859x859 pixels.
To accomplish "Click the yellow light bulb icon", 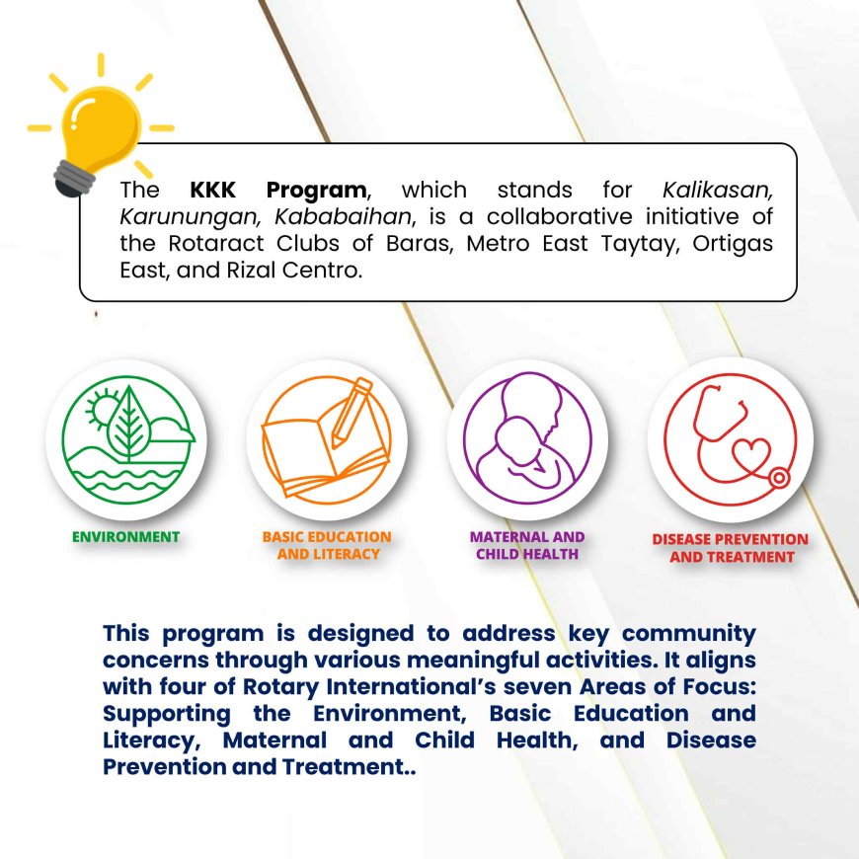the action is pyautogui.click(x=101, y=125).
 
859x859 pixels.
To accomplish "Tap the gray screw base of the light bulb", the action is pyautogui.click(x=74, y=179).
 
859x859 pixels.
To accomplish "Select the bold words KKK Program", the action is pyautogui.click(x=278, y=191).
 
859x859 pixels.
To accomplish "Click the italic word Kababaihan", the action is pyautogui.click(x=343, y=217).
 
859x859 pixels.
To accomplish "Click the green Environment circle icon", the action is pyautogui.click(x=127, y=439).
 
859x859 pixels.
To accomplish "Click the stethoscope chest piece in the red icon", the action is pyautogui.click(x=778, y=478).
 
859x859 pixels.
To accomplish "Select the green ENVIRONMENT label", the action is pyautogui.click(x=126, y=537).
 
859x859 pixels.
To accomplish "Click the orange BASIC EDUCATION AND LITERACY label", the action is pyautogui.click(x=327, y=545).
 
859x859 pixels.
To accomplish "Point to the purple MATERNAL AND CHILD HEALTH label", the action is pyautogui.click(x=527, y=545).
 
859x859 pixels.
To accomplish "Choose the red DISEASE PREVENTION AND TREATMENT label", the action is pyautogui.click(x=731, y=548).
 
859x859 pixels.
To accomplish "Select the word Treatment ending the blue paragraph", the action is pyautogui.click(x=343, y=767).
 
